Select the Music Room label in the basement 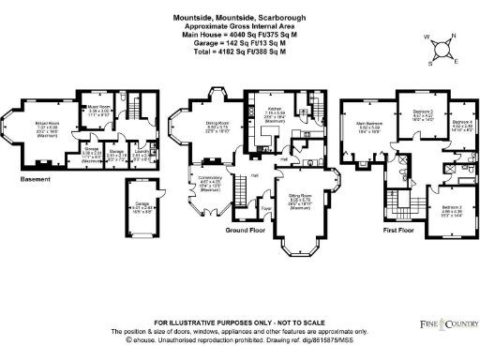[x=98, y=108]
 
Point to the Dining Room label [x=218, y=123]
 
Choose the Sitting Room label [x=300, y=197]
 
